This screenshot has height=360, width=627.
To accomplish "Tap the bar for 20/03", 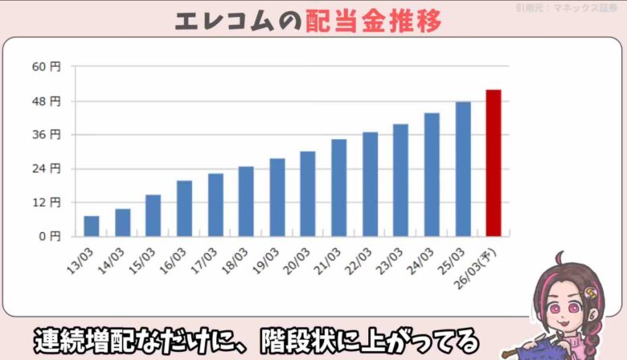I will click(x=308, y=194).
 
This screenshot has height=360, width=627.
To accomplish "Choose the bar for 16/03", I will click(x=184, y=208).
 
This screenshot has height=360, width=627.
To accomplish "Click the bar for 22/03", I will click(x=370, y=184).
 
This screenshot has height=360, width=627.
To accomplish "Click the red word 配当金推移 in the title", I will click(x=374, y=22).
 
